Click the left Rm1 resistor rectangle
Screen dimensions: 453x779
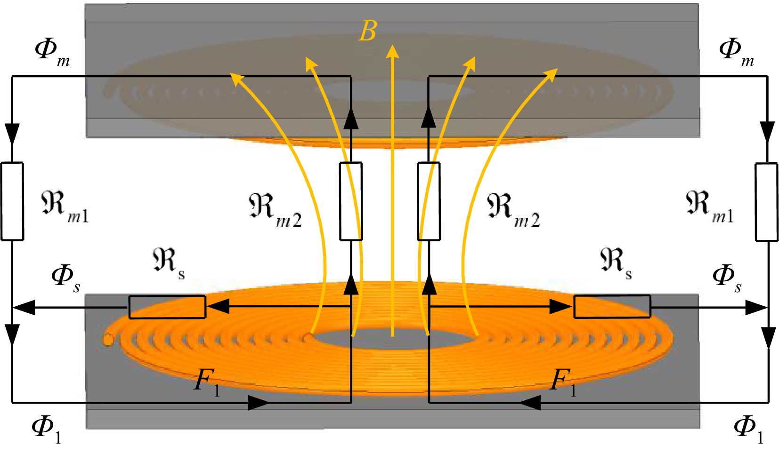click(x=12, y=201)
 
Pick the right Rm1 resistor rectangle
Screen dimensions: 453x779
click(x=766, y=202)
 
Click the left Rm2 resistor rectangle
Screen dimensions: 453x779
click(x=351, y=201)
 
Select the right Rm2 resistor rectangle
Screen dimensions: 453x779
click(x=429, y=201)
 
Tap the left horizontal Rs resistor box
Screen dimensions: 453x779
click(x=167, y=307)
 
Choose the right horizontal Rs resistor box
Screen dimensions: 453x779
click(x=612, y=307)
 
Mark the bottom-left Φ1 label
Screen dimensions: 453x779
click(x=46, y=429)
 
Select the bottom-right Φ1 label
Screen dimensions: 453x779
click(x=748, y=429)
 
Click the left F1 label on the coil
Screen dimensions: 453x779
click(x=206, y=381)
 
